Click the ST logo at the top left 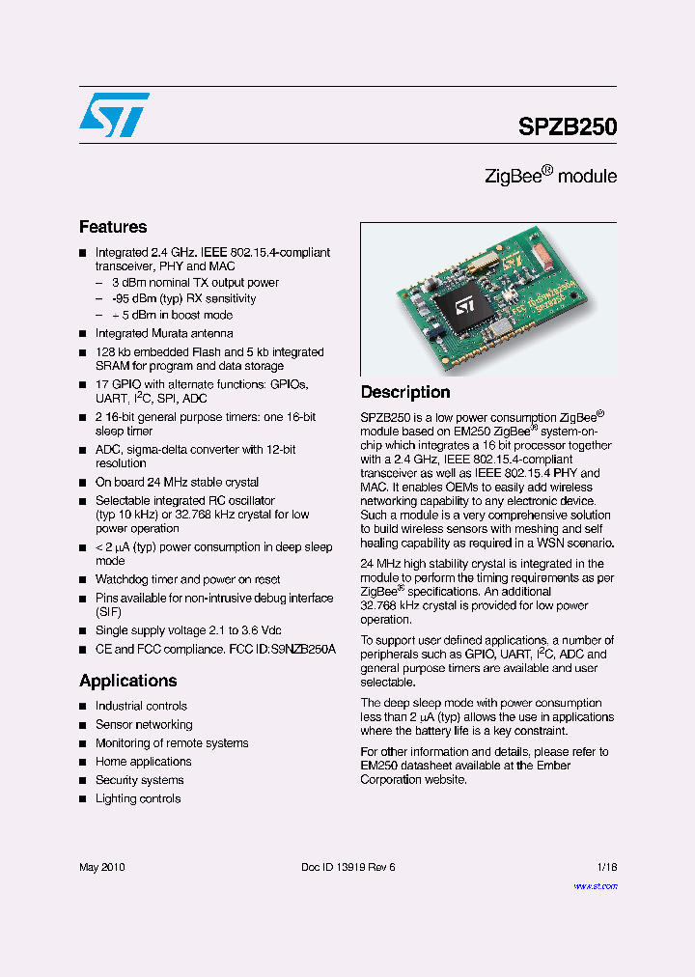point(114,115)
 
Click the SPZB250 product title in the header point(568,126)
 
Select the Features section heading point(113,227)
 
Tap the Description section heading point(405,392)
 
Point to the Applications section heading point(128,681)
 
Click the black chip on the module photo point(459,307)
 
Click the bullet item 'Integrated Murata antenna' point(164,333)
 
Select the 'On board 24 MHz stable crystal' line point(177,482)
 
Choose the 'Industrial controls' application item point(141,706)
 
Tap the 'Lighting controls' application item point(138,798)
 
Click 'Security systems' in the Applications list point(140,780)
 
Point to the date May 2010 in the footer point(102,867)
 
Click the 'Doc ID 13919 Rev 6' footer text point(348,867)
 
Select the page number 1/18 point(607,867)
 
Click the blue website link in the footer point(596,885)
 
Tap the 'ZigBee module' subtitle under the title point(550,177)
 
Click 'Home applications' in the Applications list point(143,762)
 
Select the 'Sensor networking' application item point(144,724)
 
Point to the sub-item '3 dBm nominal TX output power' point(195,283)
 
